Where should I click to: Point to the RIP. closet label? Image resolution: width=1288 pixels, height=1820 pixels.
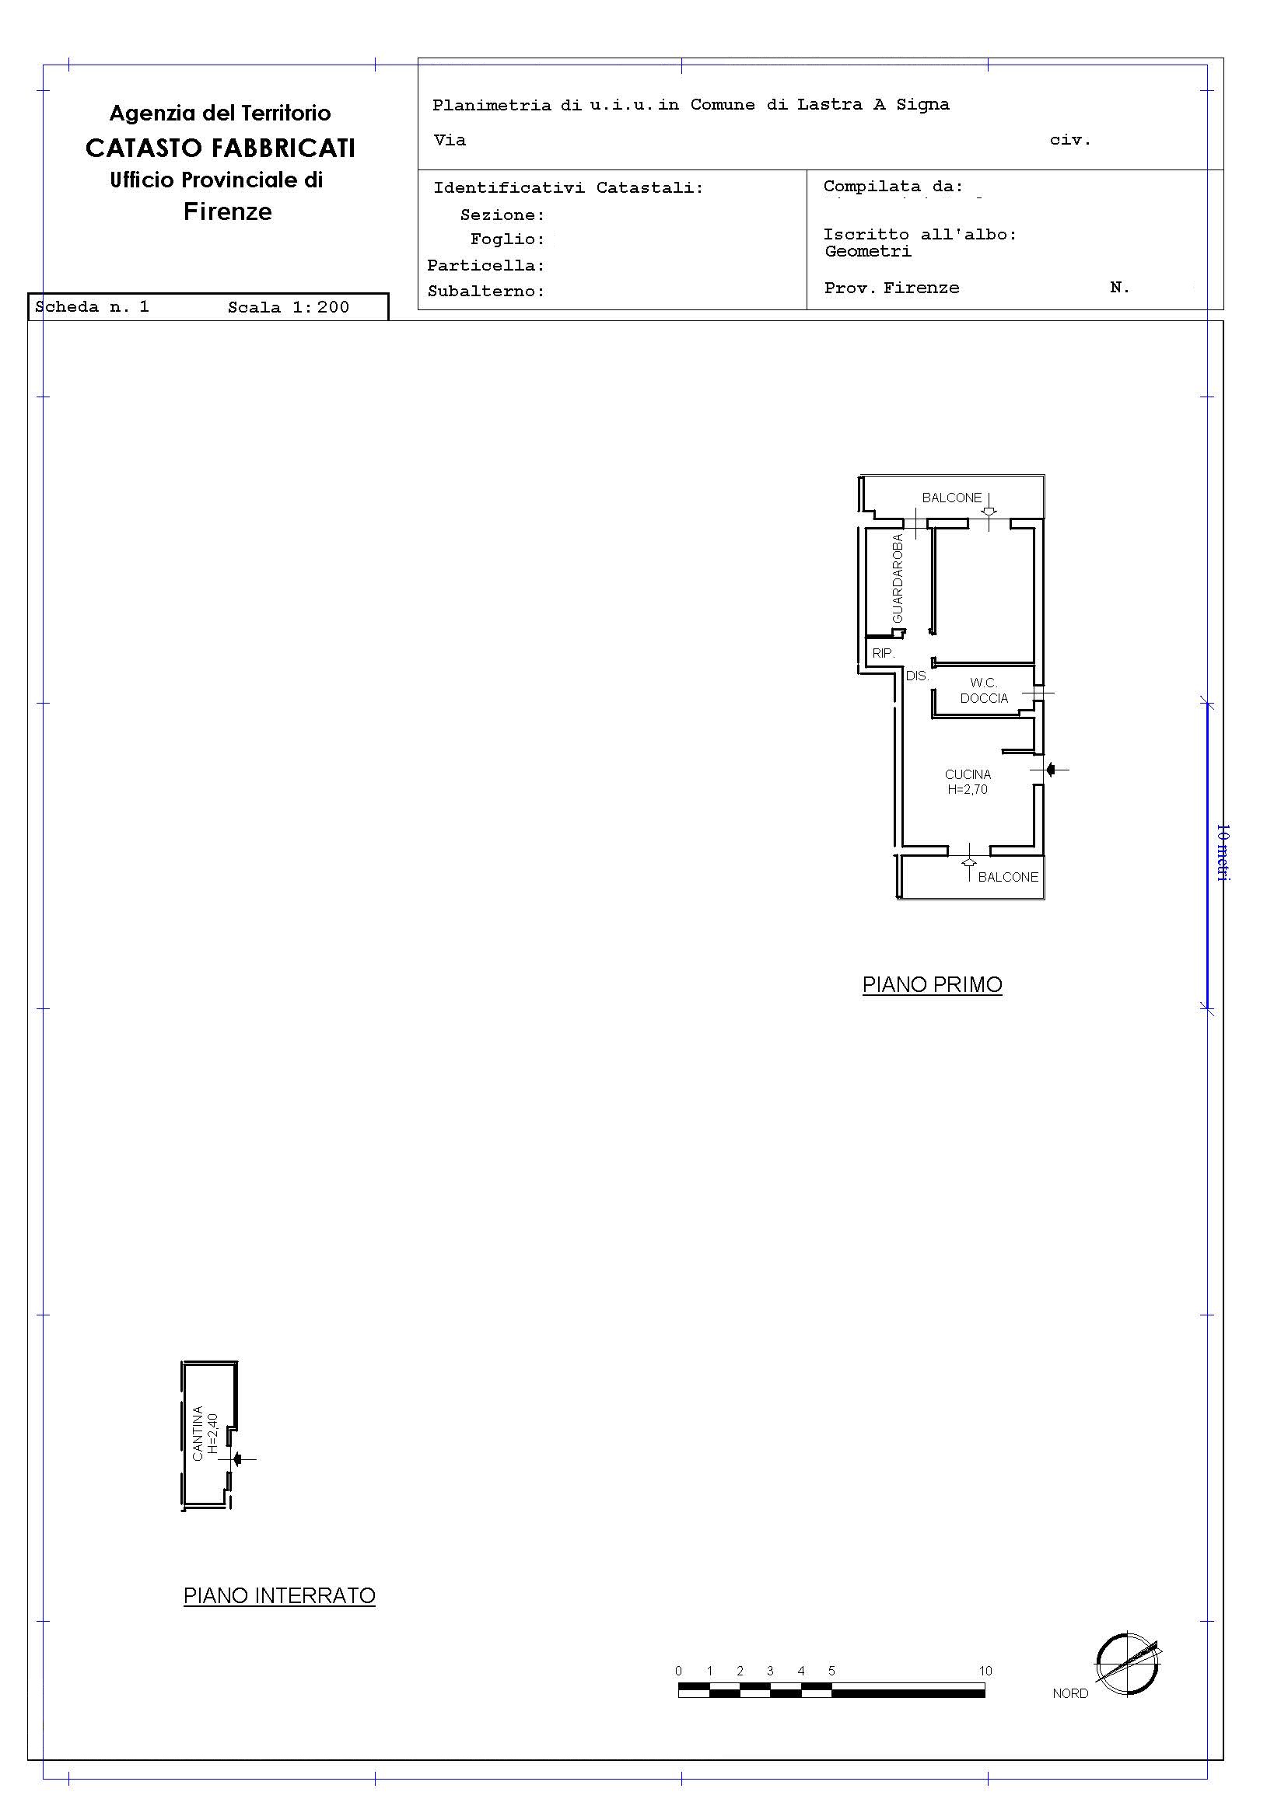[884, 654]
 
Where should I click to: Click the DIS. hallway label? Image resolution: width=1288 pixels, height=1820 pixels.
[918, 676]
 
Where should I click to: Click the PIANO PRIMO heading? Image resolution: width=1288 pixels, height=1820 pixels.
[932, 984]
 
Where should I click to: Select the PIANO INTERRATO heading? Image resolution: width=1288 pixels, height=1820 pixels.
[279, 1595]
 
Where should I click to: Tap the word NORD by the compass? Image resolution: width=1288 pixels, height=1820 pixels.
[1070, 1693]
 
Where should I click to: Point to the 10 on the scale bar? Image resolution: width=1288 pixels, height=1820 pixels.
[985, 1670]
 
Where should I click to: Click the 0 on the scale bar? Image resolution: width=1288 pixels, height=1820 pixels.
[678, 1670]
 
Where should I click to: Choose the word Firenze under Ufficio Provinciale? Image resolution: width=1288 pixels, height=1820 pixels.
[228, 211]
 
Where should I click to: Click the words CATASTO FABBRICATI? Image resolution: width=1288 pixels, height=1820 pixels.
[220, 148]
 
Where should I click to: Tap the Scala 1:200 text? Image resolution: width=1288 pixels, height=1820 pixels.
[289, 308]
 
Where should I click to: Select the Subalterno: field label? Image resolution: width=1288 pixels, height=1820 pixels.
[486, 291]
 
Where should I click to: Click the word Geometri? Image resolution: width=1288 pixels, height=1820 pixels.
[869, 251]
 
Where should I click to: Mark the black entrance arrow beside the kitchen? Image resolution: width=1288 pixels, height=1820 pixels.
[1051, 769]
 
